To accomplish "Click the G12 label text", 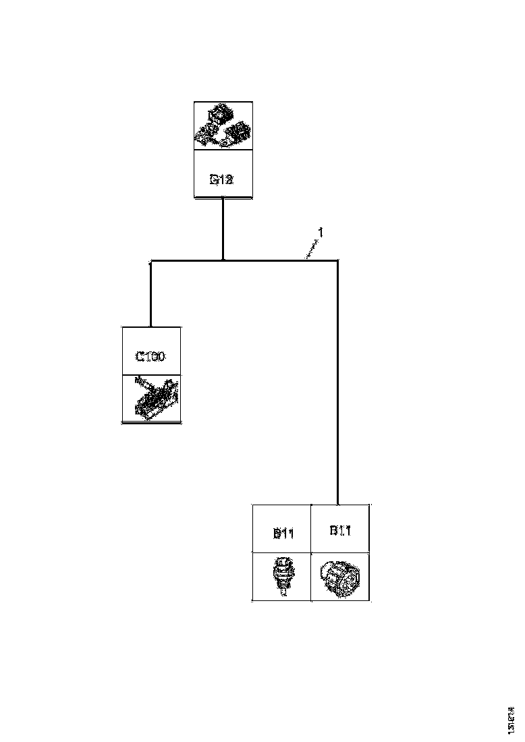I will tap(222, 180).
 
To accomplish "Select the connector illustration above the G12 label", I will tap(223, 126).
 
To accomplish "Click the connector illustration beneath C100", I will tap(152, 399).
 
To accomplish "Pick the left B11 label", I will tap(282, 533).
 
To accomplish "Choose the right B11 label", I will tap(340, 530).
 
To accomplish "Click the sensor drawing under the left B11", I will tap(282, 576).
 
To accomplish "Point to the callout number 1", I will tap(321, 233).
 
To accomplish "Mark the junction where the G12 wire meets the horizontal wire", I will tap(223, 260).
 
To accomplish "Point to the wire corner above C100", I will tap(150, 260).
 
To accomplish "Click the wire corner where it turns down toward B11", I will tap(337, 260).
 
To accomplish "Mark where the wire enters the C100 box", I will tap(150, 326).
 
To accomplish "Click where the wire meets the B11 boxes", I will tap(337, 504).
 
